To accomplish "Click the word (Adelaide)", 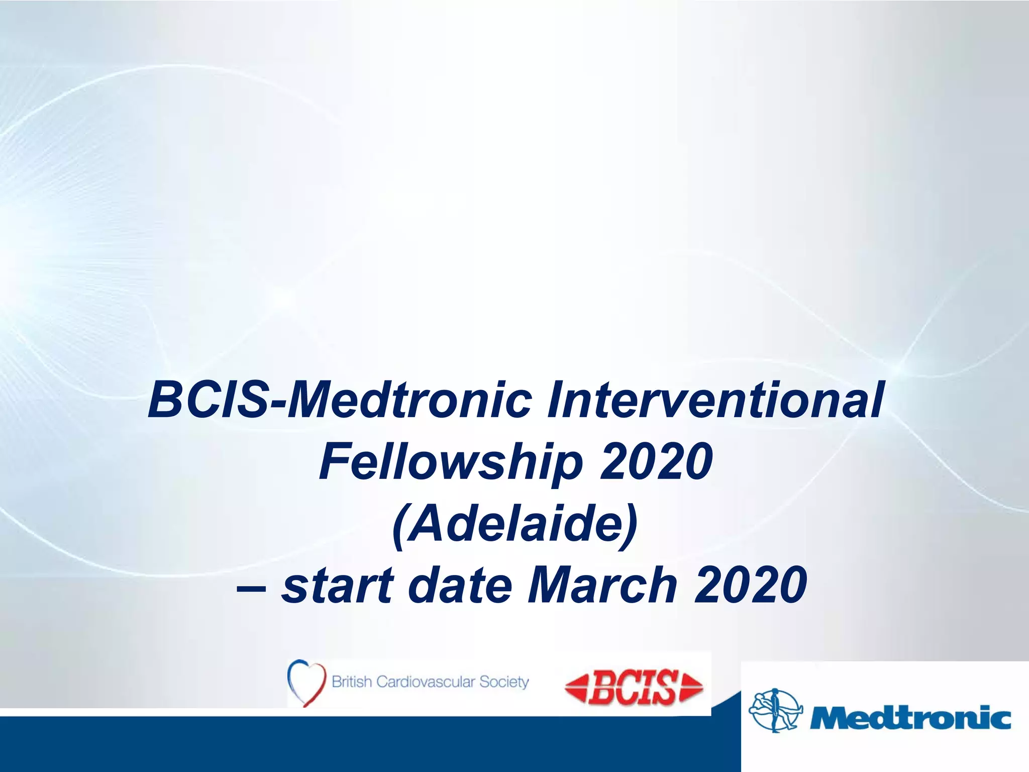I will [x=514, y=524].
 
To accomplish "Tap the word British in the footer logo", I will [x=352, y=682].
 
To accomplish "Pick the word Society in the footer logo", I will [x=504, y=682].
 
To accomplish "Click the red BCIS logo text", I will [x=633, y=687].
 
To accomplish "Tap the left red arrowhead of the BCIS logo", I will [x=576, y=688].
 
